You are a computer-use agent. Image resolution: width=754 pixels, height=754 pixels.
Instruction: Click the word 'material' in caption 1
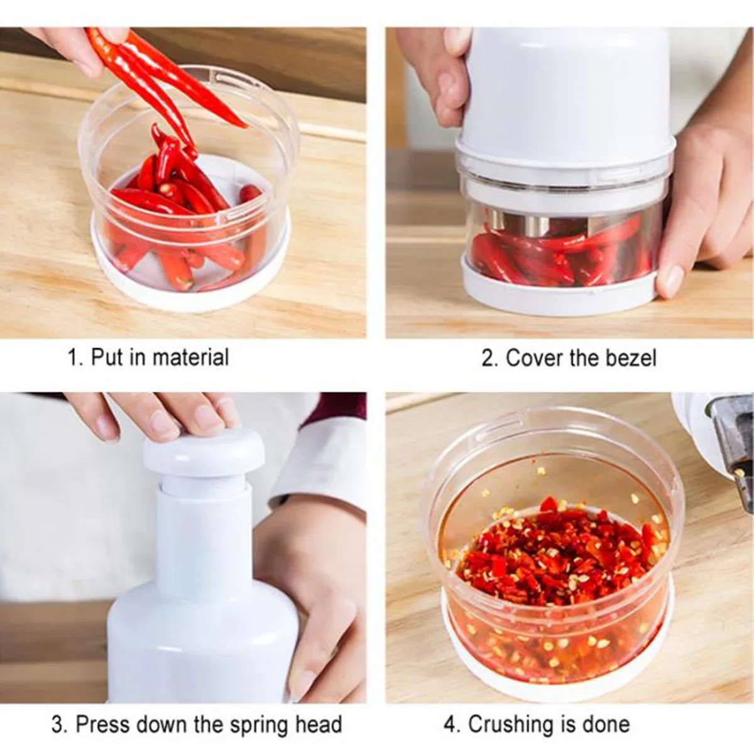tap(190, 358)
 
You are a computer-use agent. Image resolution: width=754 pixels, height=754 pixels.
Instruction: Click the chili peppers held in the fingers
tap(157, 75)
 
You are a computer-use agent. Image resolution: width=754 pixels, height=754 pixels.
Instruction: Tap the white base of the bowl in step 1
tap(188, 295)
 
